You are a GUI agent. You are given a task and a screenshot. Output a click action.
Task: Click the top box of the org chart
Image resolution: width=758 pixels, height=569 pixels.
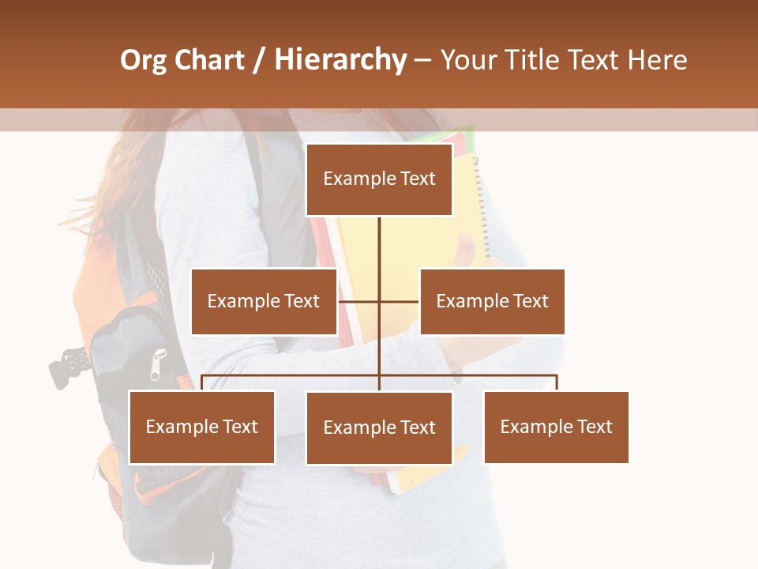tap(379, 179)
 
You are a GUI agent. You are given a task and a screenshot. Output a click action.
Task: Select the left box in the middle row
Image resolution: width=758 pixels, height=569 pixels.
tap(264, 301)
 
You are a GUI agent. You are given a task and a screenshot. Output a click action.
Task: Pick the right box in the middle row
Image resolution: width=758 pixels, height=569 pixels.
tap(492, 301)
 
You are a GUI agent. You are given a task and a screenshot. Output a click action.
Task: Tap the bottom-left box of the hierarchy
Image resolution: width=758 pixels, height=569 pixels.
tap(201, 428)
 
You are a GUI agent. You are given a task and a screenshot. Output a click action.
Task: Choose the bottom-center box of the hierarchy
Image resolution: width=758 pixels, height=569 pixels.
tap(379, 428)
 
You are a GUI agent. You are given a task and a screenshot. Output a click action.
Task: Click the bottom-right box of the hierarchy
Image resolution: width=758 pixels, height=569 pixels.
tap(556, 428)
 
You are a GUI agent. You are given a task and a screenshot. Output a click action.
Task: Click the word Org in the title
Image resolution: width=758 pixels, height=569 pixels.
tap(143, 60)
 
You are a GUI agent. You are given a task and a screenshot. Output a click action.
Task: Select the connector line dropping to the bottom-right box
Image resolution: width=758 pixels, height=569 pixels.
tap(557, 382)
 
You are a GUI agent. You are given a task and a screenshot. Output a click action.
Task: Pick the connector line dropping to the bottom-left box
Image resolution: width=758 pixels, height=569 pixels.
tap(202, 382)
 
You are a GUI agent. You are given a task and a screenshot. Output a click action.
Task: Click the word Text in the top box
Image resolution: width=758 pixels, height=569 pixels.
tap(416, 179)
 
